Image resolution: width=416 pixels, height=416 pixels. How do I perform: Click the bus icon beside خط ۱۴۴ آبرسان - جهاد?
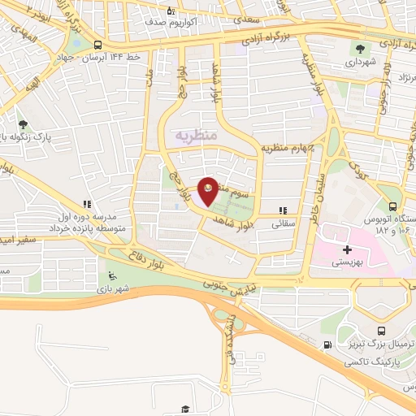(97, 45)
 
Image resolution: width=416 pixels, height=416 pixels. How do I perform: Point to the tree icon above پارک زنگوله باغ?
(23, 124)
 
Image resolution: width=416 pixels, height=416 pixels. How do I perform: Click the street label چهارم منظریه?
(288, 147)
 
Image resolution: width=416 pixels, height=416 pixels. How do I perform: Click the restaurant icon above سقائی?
(282, 209)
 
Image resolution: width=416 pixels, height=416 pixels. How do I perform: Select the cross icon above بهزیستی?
(349, 249)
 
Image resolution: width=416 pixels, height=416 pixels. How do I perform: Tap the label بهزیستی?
(349, 262)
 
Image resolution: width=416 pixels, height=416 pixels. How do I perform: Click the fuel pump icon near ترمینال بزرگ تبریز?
(327, 344)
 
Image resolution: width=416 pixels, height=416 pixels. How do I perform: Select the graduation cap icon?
(185, 409)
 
